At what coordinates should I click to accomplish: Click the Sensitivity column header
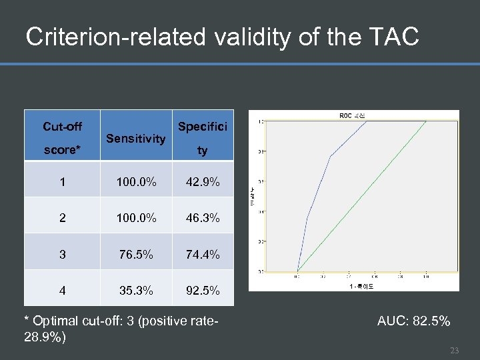click(136, 138)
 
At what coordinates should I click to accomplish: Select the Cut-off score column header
click(62, 137)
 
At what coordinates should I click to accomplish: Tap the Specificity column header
click(202, 138)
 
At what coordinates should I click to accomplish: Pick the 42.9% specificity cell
click(203, 181)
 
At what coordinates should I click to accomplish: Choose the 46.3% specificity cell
click(203, 217)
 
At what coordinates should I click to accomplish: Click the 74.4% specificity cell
click(203, 254)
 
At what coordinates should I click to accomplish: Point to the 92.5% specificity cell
click(203, 291)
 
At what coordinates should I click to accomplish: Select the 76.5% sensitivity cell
click(136, 254)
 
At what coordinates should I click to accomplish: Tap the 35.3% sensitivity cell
click(136, 291)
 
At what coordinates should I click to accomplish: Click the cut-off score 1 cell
click(62, 181)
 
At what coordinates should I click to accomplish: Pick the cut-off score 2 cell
click(62, 217)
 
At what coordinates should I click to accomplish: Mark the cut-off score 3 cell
click(62, 254)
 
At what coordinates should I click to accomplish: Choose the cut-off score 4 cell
click(62, 291)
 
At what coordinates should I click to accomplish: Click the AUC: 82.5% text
click(413, 321)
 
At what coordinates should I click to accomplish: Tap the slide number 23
click(455, 351)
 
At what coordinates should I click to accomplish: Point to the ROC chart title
click(353, 115)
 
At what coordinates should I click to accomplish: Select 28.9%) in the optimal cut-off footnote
click(44, 337)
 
